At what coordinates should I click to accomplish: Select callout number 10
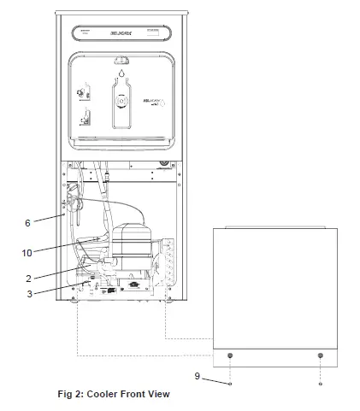point(27,254)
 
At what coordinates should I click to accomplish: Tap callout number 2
point(28,278)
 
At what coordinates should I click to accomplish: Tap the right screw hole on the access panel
point(320,355)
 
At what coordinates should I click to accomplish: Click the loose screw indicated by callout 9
point(231,384)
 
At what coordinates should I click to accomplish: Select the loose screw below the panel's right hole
point(320,384)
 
